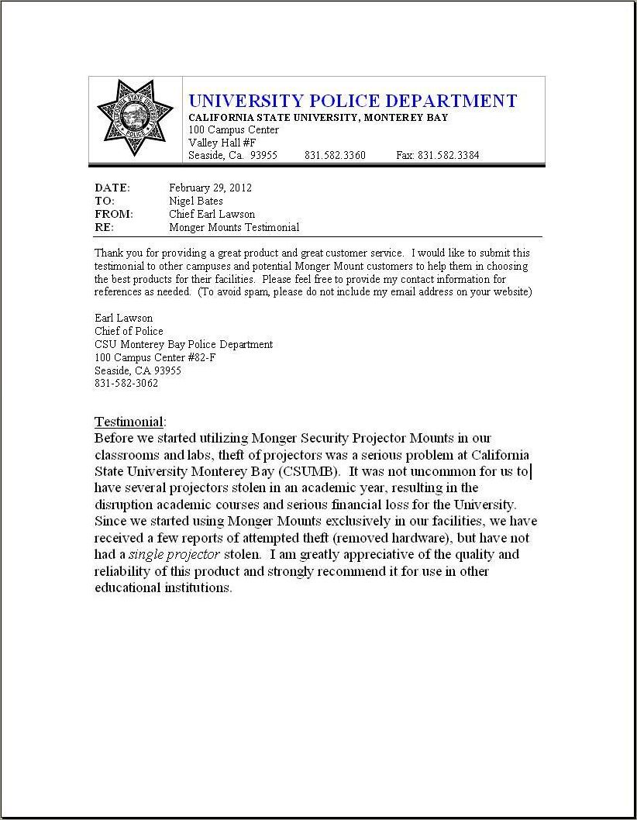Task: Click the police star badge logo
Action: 135,117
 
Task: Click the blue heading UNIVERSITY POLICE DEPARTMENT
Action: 353,101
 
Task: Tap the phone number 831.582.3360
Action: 335,155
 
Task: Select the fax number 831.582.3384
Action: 438,155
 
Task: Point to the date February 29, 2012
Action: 210,188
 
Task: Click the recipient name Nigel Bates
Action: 196,201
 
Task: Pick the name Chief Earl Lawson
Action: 212,214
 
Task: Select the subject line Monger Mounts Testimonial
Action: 234,227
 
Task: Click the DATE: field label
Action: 112,188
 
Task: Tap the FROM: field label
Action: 114,214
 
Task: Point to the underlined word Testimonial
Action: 129,422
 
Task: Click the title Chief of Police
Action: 129,331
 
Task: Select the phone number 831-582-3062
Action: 126,384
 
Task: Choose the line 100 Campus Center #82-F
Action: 155,357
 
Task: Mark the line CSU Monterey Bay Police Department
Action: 184,344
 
